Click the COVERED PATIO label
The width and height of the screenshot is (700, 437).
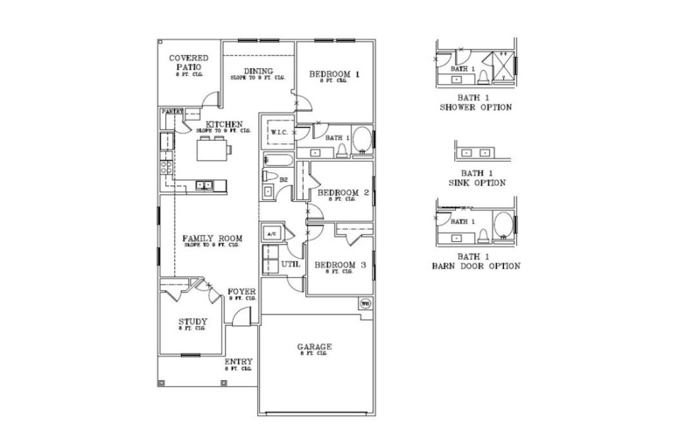pos(188,63)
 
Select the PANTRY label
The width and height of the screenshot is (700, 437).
pos(171,112)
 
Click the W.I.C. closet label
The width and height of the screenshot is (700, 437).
pos(279,132)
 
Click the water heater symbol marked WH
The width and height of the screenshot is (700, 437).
pos(364,304)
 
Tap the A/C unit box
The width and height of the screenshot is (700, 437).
pos(270,234)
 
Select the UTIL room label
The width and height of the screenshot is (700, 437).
pos(290,264)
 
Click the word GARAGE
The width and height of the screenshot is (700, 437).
pos(315,347)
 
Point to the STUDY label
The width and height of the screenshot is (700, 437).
pos(192,322)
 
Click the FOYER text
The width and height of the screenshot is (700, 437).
pos(241,292)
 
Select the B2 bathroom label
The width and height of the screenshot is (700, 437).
pos(283,178)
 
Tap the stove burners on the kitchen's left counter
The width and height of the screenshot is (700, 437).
pos(164,162)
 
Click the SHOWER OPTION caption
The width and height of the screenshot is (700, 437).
pos(475,107)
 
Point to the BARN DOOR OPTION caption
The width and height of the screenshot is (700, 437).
pos(475,265)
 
